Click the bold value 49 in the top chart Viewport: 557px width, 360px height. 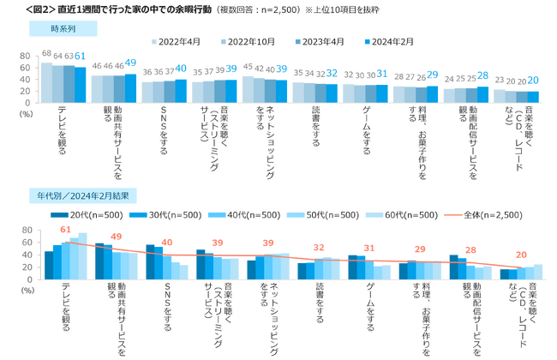[x=130, y=63]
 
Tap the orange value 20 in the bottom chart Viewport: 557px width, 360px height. [x=521, y=255]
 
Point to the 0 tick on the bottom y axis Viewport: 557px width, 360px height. [x=27, y=279]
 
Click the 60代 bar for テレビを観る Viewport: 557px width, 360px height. [x=83, y=255]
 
